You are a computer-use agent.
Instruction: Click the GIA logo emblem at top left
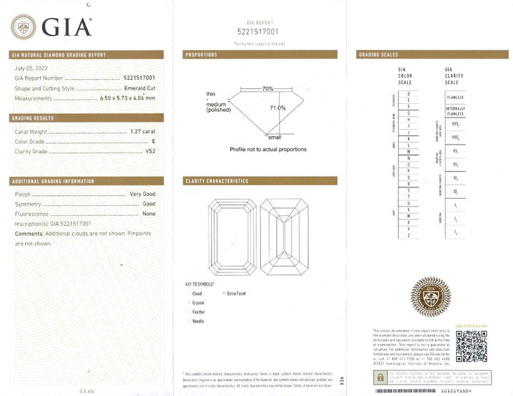(25, 28)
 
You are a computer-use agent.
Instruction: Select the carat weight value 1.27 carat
(142, 132)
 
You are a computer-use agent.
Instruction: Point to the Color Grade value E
(153, 141)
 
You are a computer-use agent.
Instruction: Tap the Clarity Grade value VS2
(150, 151)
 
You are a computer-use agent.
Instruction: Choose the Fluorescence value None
(148, 213)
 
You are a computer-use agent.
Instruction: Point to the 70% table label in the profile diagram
(267, 89)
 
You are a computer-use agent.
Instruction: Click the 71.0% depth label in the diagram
(277, 108)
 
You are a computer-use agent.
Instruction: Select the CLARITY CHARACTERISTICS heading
(217, 181)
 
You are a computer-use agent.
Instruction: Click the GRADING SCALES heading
(378, 55)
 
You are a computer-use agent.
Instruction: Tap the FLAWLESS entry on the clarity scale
(454, 95)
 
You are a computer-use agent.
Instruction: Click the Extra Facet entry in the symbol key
(242, 293)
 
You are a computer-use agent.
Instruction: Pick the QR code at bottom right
(470, 348)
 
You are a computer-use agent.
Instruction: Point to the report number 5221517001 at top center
(257, 31)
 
